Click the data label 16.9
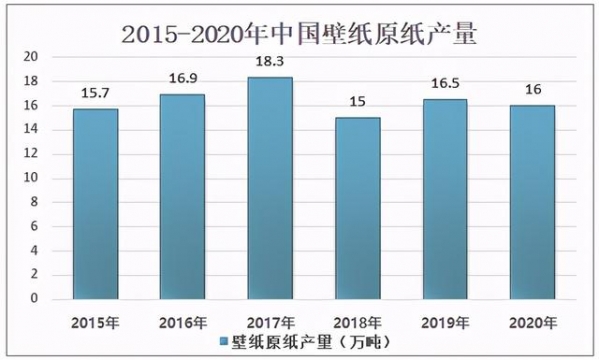181,80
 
